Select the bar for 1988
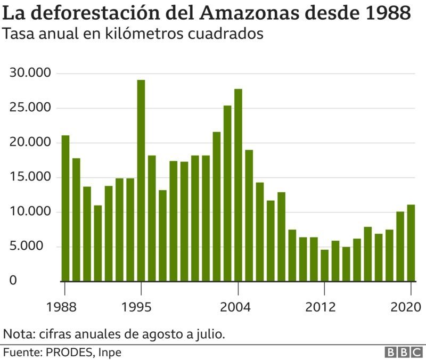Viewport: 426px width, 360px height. point(65,208)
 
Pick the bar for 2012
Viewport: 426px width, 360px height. point(324,265)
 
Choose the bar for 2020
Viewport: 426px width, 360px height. point(411,242)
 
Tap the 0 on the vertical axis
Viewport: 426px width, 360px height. point(13,281)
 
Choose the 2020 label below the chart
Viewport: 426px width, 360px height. point(406,307)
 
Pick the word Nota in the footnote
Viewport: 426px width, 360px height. point(17,334)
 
